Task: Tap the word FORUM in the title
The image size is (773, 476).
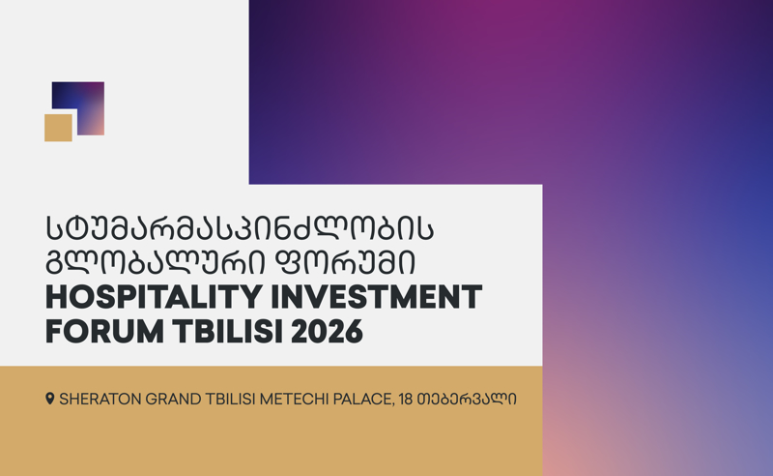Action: pyautogui.click(x=104, y=331)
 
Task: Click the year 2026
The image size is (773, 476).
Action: pyautogui.click(x=327, y=331)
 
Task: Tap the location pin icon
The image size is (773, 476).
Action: pyautogui.click(x=50, y=399)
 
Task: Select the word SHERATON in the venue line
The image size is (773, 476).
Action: pyautogui.click(x=100, y=399)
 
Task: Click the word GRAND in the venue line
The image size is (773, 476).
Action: pyautogui.click(x=173, y=399)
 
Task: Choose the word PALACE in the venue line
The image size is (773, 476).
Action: pyautogui.click(x=363, y=399)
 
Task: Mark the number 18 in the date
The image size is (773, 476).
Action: pyautogui.click(x=406, y=399)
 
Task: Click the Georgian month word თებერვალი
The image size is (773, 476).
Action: pyautogui.click(x=467, y=399)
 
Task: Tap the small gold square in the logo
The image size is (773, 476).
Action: pyautogui.click(x=58, y=128)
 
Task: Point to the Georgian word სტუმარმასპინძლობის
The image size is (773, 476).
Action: pyautogui.click(x=240, y=228)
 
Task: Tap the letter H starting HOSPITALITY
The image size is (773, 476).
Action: pyautogui.click(x=56, y=297)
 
